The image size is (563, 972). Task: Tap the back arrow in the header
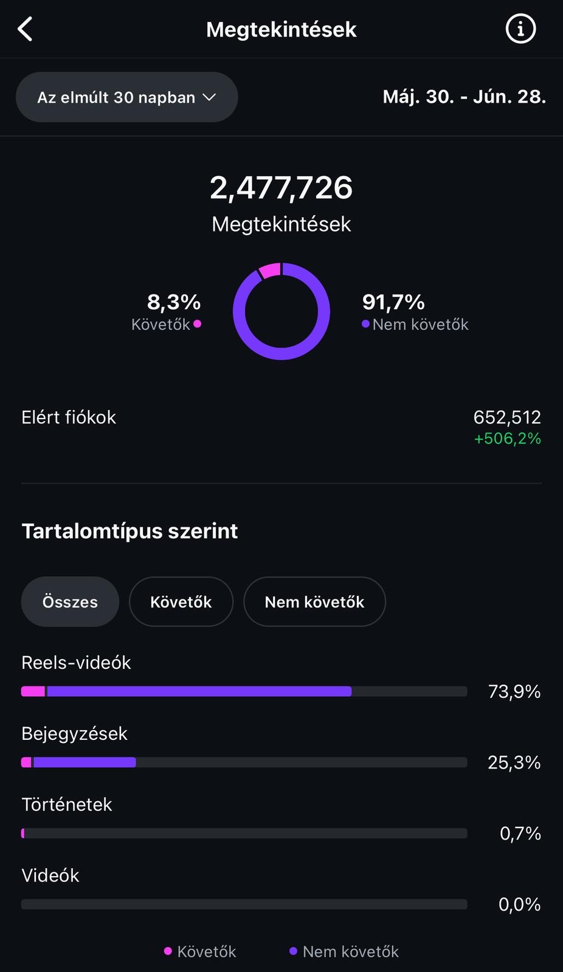[x=25, y=29]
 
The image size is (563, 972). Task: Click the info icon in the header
[x=520, y=29]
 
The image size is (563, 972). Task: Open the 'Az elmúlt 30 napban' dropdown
[x=126, y=97]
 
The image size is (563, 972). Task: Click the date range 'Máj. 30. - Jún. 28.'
[x=464, y=97]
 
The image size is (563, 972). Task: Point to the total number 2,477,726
[x=281, y=188]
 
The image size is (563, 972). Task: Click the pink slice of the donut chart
[x=270, y=270]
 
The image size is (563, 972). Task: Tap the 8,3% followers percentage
[x=174, y=302]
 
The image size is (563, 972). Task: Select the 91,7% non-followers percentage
[x=393, y=302]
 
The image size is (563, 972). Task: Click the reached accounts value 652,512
[x=507, y=417]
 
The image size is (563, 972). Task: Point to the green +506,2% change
[x=507, y=439]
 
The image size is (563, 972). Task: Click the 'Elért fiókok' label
[x=69, y=417]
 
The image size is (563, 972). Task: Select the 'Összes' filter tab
[x=70, y=602]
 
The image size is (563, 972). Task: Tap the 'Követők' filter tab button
[x=181, y=602]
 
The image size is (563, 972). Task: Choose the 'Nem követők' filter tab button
[x=314, y=602]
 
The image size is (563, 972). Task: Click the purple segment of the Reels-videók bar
[x=199, y=691]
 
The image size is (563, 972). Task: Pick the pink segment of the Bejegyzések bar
[x=26, y=762]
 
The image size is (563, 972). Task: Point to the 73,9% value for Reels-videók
[x=514, y=691]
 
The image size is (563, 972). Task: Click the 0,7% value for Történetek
[x=520, y=833]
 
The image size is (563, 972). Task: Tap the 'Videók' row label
[x=50, y=875]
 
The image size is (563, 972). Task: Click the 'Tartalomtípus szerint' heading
[x=130, y=531]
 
